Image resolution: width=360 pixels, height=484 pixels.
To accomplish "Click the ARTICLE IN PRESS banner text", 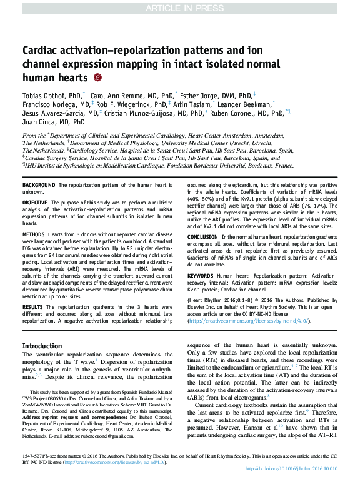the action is click(x=179, y=7).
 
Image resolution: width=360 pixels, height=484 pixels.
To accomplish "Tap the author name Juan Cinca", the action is click(x=42, y=123).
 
